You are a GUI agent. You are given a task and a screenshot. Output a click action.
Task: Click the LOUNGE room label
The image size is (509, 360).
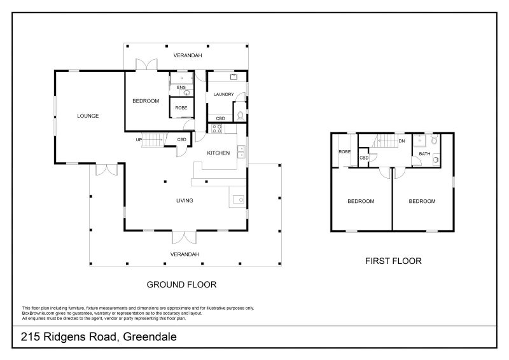[x=88, y=116]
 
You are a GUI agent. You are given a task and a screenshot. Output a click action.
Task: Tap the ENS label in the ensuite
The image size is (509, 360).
[x=181, y=87]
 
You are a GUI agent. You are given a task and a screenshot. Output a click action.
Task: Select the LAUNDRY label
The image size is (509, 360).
[x=224, y=95]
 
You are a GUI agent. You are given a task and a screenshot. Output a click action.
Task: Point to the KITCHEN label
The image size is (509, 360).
[x=218, y=153]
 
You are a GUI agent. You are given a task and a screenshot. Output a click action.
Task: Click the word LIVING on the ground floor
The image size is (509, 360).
[x=185, y=200]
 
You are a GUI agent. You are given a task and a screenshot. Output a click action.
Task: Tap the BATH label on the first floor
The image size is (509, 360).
[x=423, y=154]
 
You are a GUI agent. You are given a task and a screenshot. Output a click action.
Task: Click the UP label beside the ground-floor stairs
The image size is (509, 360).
[x=138, y=139]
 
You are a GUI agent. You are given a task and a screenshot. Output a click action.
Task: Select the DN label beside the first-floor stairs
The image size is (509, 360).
[x=401, y=141]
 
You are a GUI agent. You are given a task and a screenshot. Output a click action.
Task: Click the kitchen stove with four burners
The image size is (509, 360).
[x=216, y=128]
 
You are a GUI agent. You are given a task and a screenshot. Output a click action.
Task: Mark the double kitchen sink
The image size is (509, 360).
[x=241, y=151]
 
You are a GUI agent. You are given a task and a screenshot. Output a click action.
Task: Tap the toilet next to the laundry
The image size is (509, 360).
[x=240, y=116]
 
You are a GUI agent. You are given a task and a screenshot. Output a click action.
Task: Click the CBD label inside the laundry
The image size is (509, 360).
[x=220, y=118]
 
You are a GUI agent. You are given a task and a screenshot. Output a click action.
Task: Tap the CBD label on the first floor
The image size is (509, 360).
[x=364, y=158]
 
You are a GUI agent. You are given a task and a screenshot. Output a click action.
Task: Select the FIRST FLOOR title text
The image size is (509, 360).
[x=393, y=261]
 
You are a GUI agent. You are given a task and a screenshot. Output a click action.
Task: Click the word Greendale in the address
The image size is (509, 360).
[x=150, y=336]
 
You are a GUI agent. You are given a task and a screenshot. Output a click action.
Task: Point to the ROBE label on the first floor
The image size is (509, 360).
[x=344, y=152]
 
